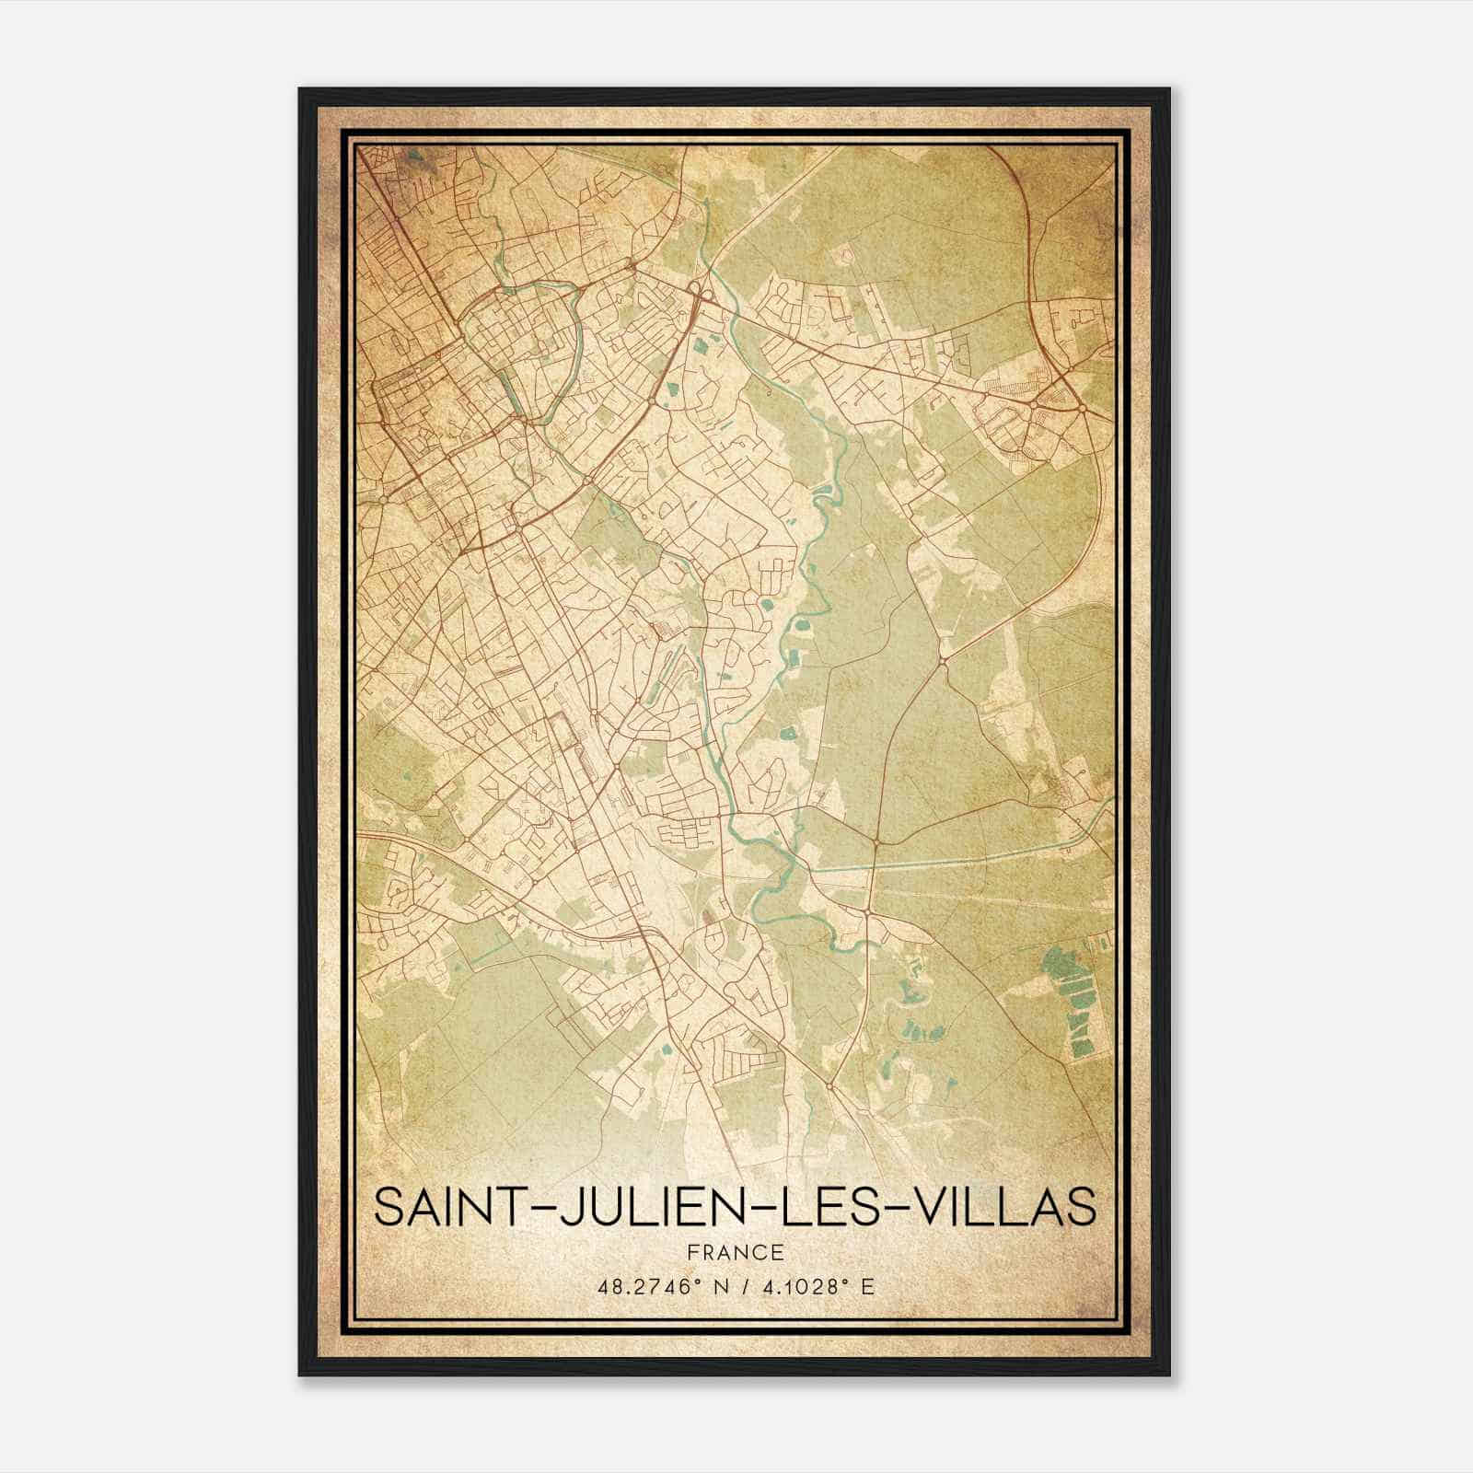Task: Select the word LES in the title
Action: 822,1207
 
